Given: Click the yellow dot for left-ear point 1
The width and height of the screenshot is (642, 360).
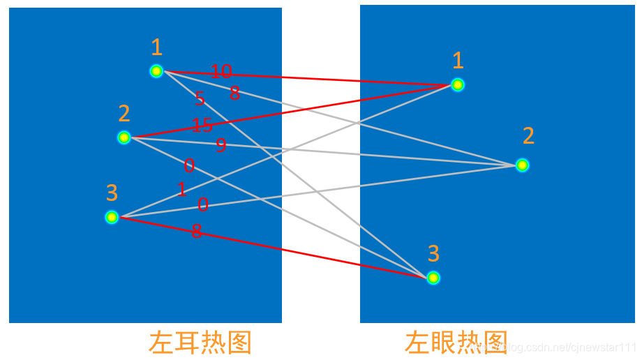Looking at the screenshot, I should (x=156, y=70).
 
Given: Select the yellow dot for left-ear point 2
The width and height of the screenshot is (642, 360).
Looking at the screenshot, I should (x=124, y=137).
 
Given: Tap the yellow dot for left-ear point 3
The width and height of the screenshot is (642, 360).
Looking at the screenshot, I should (x=112, y=217).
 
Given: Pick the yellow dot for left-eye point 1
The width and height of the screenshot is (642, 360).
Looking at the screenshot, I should (x=458, y=85).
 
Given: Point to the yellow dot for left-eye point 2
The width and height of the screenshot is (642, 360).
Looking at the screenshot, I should (x=522, y=165).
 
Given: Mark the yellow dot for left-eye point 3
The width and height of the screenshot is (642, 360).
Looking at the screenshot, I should (x=433, y=278).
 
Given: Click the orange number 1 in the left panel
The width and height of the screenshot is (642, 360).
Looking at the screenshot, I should (x=157, y=47).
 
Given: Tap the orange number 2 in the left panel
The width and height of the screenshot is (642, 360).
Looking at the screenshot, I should (x=124, y=114).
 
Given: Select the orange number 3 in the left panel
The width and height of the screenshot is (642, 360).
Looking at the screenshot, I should (x=112, y=193).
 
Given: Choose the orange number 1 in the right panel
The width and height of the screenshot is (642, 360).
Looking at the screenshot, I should (x=458, y=61).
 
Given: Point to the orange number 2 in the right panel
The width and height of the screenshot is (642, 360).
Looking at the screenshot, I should (x=528, y=136).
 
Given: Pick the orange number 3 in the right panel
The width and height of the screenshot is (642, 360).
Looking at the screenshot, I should (x=433, y=253).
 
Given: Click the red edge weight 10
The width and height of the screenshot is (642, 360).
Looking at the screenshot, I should (x=221, y=71).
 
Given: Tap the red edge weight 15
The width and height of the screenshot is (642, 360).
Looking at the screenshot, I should (x=202, y=126).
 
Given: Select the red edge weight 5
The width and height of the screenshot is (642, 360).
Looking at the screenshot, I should (x=200, y=99).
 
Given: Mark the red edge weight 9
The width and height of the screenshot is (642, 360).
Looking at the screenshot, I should (x=221, y=145).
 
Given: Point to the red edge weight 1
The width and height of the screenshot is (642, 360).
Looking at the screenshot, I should (x=182, y=190).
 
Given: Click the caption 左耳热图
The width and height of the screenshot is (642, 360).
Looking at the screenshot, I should (x=200, y=343).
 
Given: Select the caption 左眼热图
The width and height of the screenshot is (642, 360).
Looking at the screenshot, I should (x=456, y=343).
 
